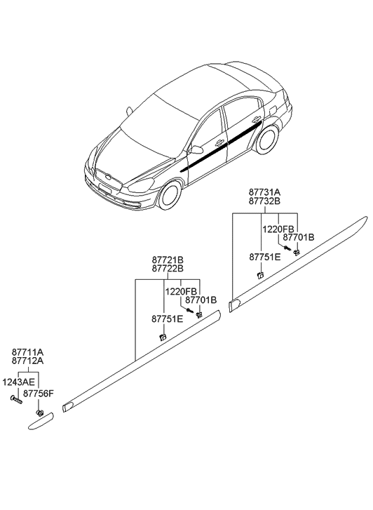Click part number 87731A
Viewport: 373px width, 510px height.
coord(264,191)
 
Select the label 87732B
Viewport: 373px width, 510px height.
coord(264,201)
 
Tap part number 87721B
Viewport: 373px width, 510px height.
coord(169,259)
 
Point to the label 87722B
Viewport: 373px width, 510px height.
coord(169,269)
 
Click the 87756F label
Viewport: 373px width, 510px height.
coord(38,394)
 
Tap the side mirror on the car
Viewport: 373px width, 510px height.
coord(196,149)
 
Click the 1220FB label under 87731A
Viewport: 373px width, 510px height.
coord(277,228)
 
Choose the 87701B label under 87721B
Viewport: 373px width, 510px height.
coord(202,300)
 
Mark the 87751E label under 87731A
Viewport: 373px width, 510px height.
coord(264,257)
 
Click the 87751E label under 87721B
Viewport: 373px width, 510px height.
coord(167,319)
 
